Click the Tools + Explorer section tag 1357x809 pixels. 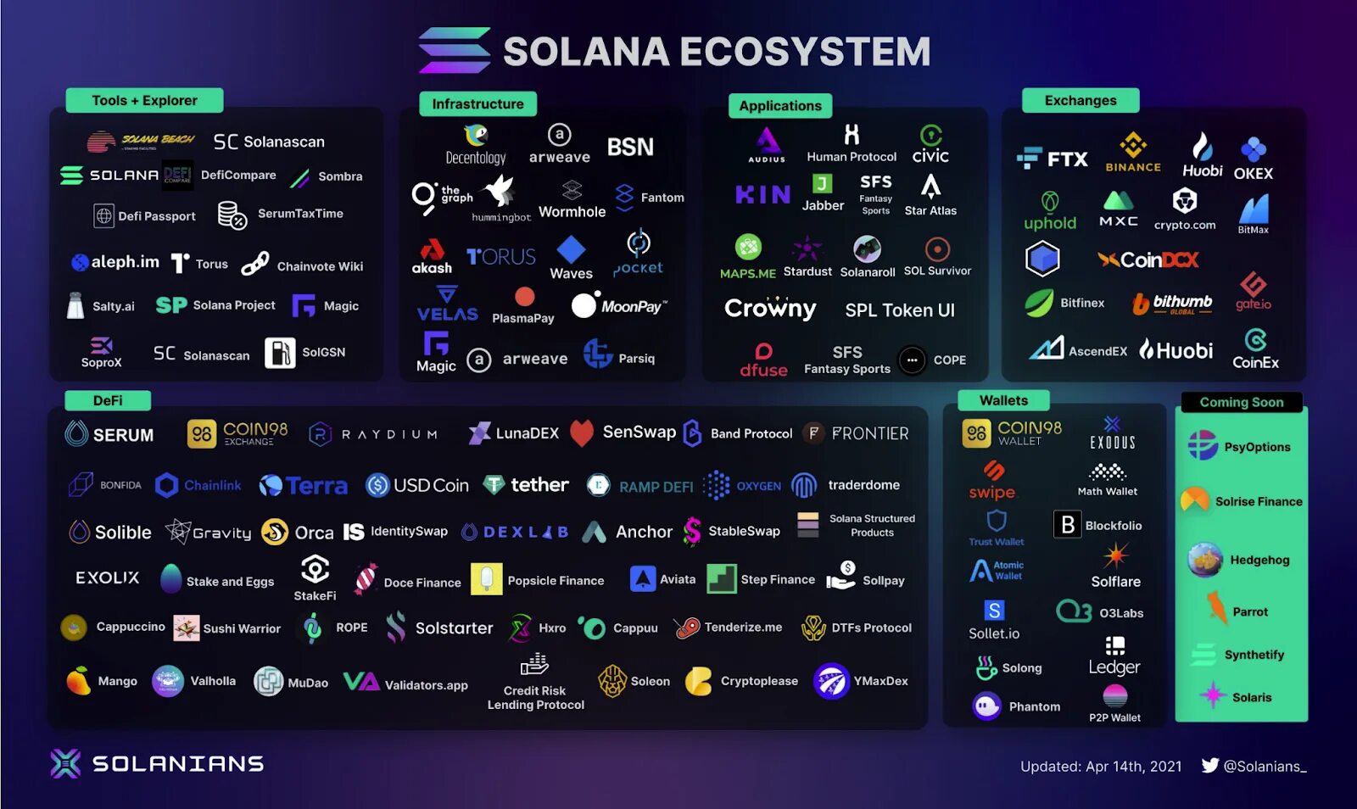(x=144, y=100)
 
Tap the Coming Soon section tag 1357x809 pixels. (x=1241, y=402)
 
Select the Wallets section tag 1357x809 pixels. (x=1003, y=400)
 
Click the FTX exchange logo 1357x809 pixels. (x=1053, y=159)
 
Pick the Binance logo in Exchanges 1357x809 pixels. (x=1133, y=153)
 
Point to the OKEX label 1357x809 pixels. (x=1253, y=174)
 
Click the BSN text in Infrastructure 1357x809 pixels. (x=630, y=147)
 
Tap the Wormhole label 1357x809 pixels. (x=572, y=212)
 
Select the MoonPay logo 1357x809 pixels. (x=619, y=305)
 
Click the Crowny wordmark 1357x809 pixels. (x=770, y=309)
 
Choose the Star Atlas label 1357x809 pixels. (x=930, y=211)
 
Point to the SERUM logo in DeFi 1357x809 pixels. (x=109, y=434)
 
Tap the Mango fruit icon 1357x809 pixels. (x=78, y=680)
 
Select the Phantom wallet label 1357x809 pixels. (x=1034, y=706)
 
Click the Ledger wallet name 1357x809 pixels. (x=1114, y=667)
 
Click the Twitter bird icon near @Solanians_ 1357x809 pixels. (x=1210, y=766)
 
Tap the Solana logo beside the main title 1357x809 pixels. (x=455, y=51)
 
